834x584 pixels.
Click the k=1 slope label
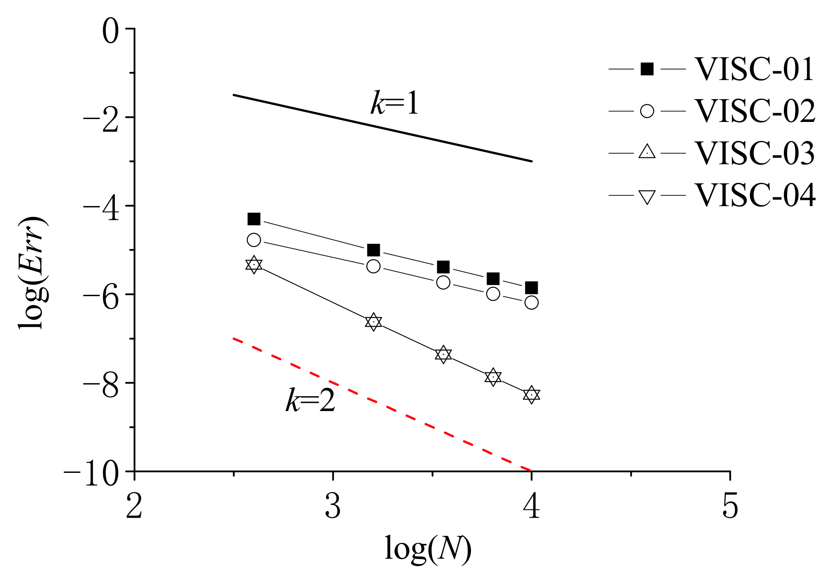click(395, 103)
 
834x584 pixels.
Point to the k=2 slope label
click(310, 401)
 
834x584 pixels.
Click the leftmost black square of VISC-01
click(254, 219)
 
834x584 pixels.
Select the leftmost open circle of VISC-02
click(254, 240)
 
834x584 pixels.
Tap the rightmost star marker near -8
click(531, 394)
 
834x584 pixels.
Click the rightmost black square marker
click(531, 287)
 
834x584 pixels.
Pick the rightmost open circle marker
click(531, 303)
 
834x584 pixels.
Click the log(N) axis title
click(428, 549)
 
